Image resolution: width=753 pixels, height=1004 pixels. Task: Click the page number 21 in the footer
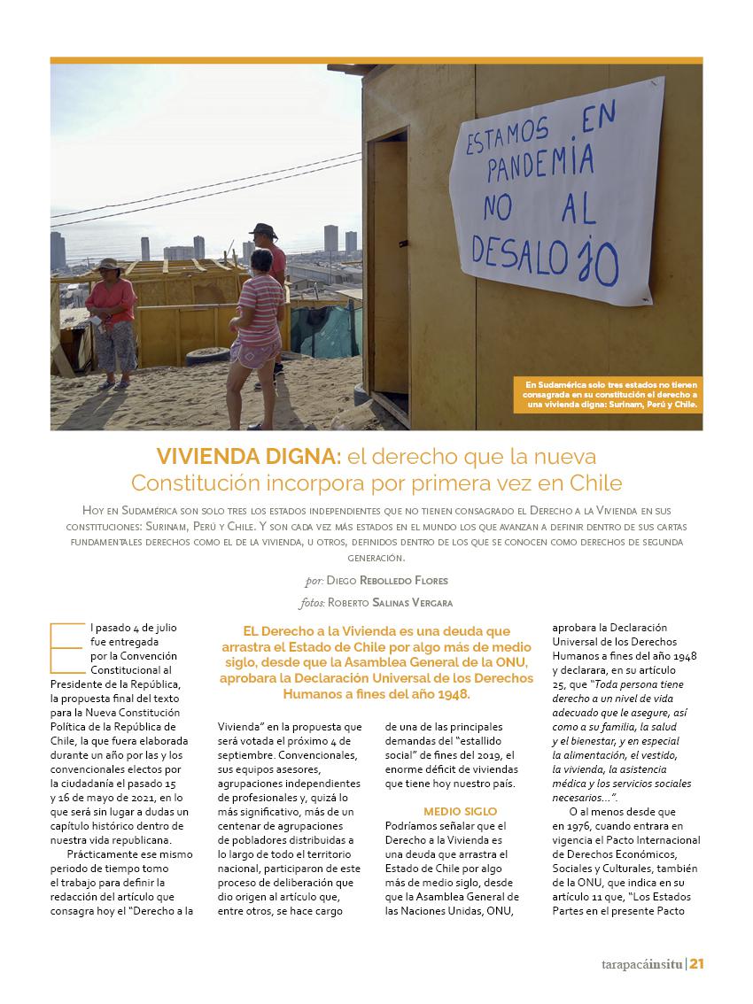pos(696,964)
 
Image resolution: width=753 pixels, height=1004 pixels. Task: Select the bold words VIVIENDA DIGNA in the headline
pos(249,457)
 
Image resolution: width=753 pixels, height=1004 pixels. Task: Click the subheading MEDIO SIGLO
pos(460,811)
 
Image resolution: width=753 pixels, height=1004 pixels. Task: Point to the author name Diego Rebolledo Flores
pos(386,581)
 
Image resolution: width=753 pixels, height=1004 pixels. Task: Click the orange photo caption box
pos(608,395)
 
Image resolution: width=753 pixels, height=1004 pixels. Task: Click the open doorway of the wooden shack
pos(390,266)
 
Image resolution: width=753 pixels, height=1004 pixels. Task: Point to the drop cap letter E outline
pos(66,648)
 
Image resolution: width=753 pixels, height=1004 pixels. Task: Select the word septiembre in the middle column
pos(251,754)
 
